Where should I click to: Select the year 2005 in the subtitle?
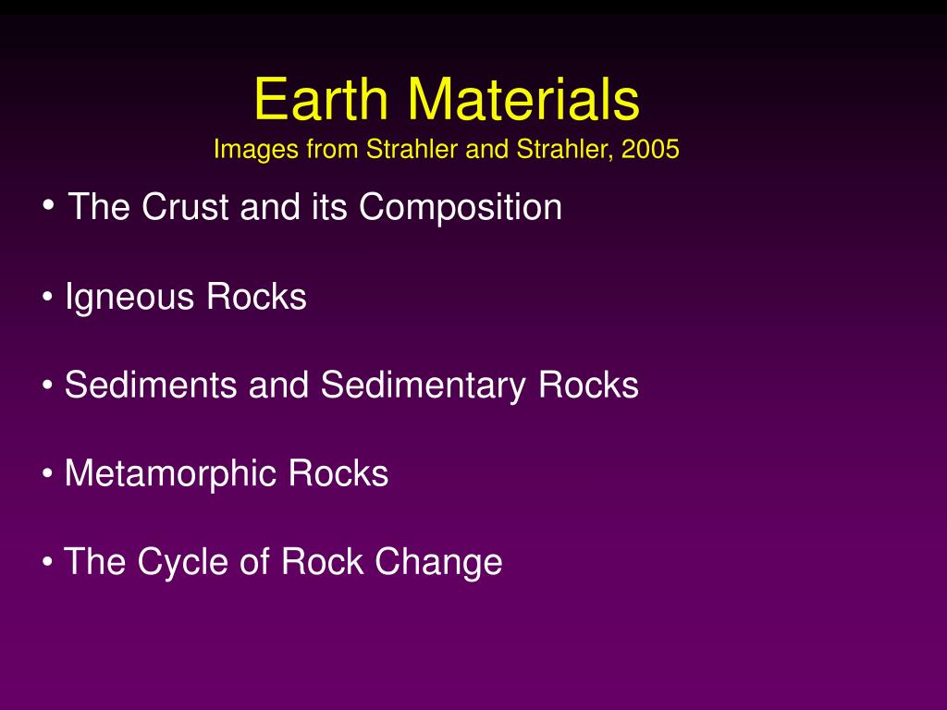(x=651, y=149)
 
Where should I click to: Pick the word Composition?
(x=461, y=207)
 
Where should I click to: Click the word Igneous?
(x=130, y=298)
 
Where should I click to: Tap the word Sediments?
(x=151, y=385)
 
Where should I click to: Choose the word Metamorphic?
(x=172, y=473)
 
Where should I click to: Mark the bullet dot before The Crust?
(x=49, y=205)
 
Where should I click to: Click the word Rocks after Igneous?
(x=256, y=298)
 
